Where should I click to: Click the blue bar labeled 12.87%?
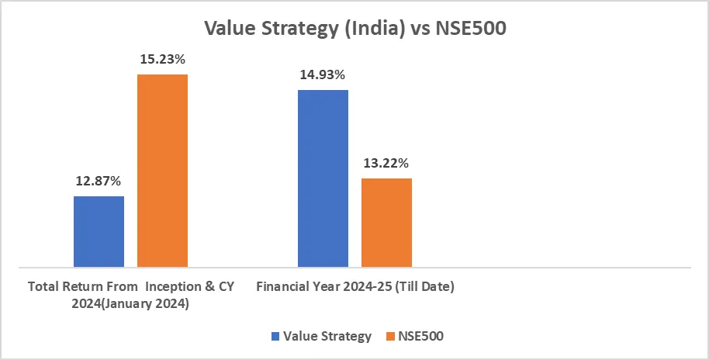(99, 231)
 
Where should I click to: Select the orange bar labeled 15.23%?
(162, 171)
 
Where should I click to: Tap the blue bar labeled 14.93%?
(323, 178)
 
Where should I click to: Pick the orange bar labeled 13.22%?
(386, 223)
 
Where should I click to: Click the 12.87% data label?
(99, 182)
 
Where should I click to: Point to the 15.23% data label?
(162, 60)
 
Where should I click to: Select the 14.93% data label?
(323, 75)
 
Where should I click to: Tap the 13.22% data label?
(386, 164)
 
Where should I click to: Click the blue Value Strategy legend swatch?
(275, 337)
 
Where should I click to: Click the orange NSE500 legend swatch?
(391, 337)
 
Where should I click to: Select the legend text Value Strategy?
(327, 337)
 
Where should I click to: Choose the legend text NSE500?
(423, 337)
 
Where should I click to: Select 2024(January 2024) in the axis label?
(130, 304)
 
